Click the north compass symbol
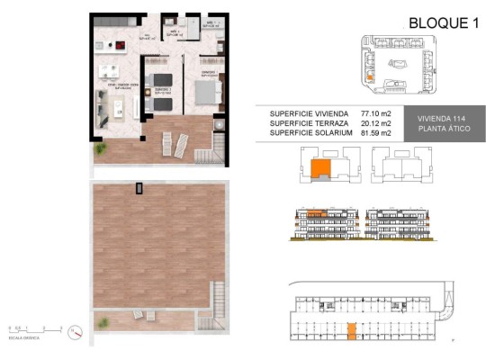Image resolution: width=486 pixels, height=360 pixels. (78, 332)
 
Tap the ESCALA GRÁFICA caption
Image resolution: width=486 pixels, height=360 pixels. (23, 339)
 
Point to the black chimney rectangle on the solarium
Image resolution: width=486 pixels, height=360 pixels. (138, 187)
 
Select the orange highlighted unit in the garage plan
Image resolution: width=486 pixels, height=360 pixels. (352, 330)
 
